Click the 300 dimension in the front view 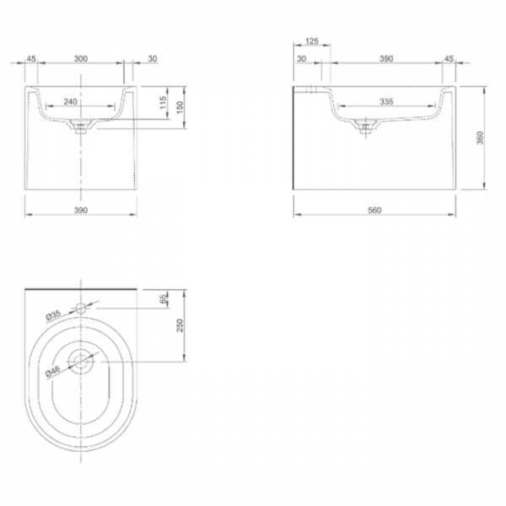point(82,60)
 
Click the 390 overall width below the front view point(81,208)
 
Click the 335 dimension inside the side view point(387,101)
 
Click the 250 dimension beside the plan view point(178,326)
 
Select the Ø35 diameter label point(53,315)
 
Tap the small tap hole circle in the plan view point(81,309)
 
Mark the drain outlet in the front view point(81,128)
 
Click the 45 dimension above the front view point(31,60)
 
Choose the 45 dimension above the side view point(448,60)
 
